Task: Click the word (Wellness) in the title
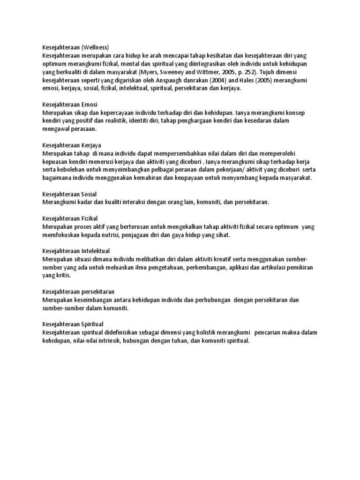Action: pos(95,47)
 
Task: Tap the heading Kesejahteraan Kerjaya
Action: pos(72,145)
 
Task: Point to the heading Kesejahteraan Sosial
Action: pos(69,194)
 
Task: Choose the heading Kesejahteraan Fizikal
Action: pos(71,218)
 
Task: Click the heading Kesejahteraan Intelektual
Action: pos(76,251)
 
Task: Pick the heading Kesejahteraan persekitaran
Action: pos(78,292)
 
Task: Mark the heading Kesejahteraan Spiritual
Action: pos(73,324)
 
